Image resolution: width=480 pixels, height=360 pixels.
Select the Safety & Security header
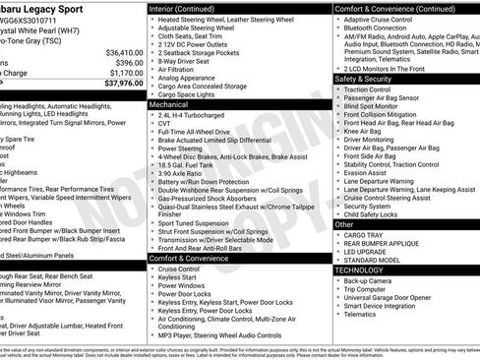[363, 78]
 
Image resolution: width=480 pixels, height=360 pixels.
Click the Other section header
[344, 224]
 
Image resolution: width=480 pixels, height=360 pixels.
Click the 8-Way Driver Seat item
[186, 61]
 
